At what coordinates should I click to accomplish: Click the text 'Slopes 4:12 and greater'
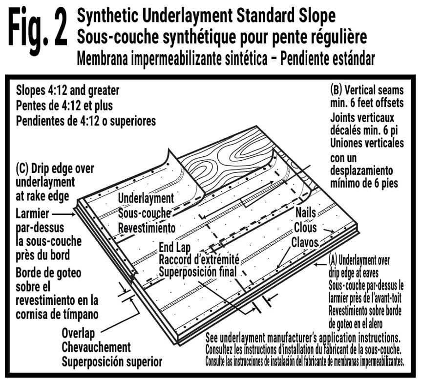pyautogui.click(x=68, y=91)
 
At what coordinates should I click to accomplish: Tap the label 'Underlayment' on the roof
pyautogui.click(x=146, y=198)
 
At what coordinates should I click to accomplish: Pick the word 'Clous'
pyautogui.click(x=305, y=227)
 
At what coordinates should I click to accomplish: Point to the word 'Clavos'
pyautogui.click(x=305, y=242)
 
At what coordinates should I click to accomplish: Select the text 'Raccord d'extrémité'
pyautogui.click(x=199, y=259)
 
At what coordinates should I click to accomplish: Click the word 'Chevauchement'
pyautogui.click(x=96, y=347)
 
